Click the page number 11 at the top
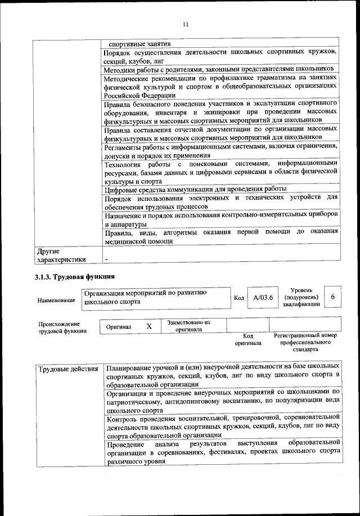(186, 23)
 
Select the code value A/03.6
(262, 298)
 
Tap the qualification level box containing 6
(332, 297)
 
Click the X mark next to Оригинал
(149, 326)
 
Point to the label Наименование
(56, 301)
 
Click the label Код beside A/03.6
(238, 298)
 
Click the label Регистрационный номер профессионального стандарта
(305, 342)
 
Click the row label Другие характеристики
(61, 255)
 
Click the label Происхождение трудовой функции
(62, 327)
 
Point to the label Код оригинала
(248, 339)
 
